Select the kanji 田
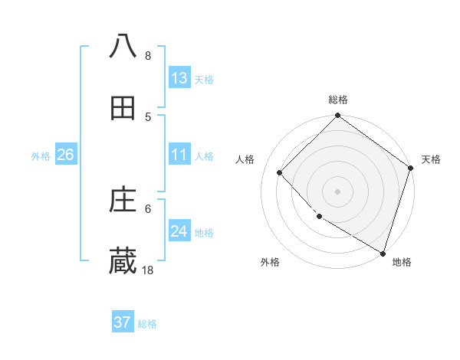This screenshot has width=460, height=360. tap(123, 109)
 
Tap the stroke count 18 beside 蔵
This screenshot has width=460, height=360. tap(148, 270)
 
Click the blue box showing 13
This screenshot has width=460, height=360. tap(179, 78)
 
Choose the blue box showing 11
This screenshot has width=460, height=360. tap(179, 155)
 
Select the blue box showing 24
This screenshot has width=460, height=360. tap(179, 232)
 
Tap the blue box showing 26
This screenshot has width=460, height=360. tap(65, 155)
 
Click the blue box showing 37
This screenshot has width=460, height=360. tap(123, 322)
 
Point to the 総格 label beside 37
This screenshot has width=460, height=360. tap(147, 324)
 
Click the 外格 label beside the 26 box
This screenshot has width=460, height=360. tap(41, 156)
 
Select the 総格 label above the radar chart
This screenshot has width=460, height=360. tap(337, 100)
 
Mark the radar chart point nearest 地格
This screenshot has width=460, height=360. tap(383, 252)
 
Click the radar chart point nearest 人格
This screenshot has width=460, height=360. tap(280, 172)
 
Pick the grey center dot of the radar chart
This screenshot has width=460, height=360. tap(337, 191)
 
